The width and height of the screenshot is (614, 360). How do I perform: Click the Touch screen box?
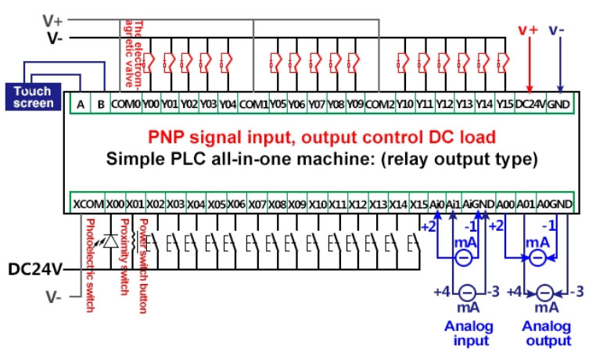34,97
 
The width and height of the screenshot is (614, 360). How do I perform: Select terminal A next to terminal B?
81,103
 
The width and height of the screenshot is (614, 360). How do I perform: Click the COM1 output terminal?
253,103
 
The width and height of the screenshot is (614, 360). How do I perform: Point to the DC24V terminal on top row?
530,103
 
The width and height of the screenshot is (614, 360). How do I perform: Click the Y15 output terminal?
504,103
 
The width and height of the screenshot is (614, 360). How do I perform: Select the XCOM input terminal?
88,203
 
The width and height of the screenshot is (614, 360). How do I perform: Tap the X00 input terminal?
115,203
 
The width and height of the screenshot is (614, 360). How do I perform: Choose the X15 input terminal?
419,203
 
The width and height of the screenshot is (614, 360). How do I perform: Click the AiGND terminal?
479,203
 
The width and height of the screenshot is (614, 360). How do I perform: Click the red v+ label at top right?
529,31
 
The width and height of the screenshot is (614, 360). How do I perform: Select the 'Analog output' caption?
547,333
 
